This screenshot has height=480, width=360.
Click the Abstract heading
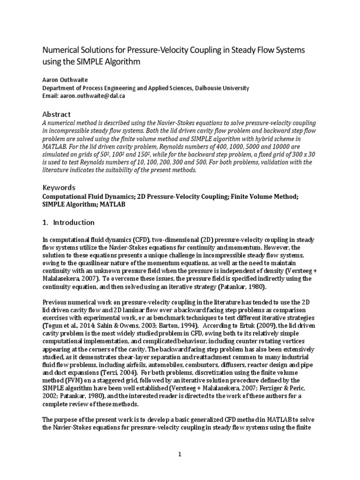point(56,114)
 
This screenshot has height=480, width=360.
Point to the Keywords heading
point(59,187)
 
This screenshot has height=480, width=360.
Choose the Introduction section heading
point(73,222)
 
